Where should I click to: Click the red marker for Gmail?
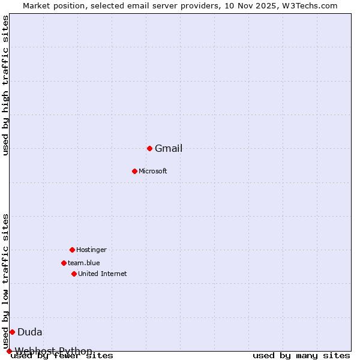[x=149, y=148]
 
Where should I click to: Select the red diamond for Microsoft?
[x=134, y=171]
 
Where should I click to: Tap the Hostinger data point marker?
[x=72, y=250]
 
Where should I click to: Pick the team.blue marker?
[x=64, y=263]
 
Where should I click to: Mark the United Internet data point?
[x=74, y=274]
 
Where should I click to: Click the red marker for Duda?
[x=12, y=332]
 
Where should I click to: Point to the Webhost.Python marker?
[x=9, y=351]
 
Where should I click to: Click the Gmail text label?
[x=169, y=149]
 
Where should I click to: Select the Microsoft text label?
[x=153, y=172]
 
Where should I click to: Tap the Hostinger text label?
[x=91, y=250]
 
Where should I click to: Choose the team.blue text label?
[x=84, y=263]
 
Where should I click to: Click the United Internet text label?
[x=103, y=274]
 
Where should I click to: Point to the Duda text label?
[x=30, y=332]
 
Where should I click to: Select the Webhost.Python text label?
[x=54, y=351]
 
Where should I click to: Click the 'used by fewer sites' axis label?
[x=62, y=356]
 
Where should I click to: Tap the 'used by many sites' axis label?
[x=301, y=356]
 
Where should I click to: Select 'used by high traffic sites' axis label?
[x=6, y=85]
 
